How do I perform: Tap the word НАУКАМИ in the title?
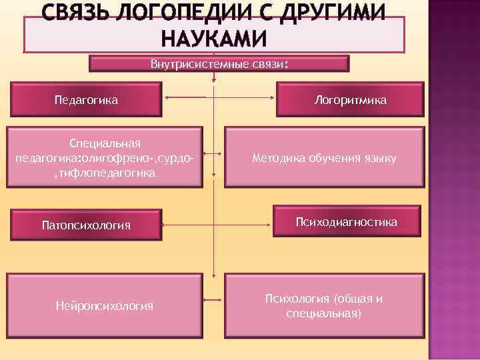(214, 39)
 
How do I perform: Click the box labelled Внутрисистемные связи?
(219, 64)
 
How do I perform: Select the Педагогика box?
(85, 99)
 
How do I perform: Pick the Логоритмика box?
(350, 99)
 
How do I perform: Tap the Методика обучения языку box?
(324, 158)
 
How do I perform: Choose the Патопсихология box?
(85, 225)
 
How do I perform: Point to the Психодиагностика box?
(347, 221)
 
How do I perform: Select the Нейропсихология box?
(104, 305)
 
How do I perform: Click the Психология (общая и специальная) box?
(324, 305)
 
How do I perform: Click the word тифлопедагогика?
(107, 173)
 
